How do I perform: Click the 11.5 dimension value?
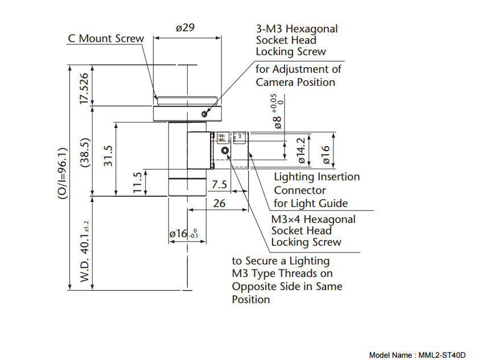click(x=137, y=183)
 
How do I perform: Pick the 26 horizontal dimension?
click(x=220, y=203)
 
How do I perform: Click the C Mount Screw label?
click(x=106, y=39)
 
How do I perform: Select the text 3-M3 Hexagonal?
click(x=297, y=28)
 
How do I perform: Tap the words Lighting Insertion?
click(x=317, y=177)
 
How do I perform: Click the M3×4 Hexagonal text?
click(x=313, y=219)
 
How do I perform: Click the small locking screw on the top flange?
click(x=204, y=114)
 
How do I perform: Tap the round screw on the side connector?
click(x=225, y=151)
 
